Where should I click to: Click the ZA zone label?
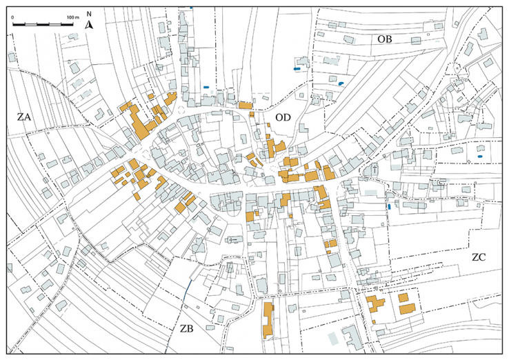pos(24,117)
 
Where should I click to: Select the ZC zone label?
pos(481,257)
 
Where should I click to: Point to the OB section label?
pos(384,39)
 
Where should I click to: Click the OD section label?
pos(283,118)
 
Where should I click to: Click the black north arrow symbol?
pos(89,26)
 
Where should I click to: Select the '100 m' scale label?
pos(72,15)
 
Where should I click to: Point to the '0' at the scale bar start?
pos(14,15)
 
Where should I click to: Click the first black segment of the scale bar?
pos(19,24)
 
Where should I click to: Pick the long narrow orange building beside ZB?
pos(268,319)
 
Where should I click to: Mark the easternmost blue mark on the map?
pos(389,206)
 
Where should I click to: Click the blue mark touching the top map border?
pos(191,8)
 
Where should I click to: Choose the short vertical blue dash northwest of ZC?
pos(389,206)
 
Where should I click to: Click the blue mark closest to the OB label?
pos(341,83)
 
